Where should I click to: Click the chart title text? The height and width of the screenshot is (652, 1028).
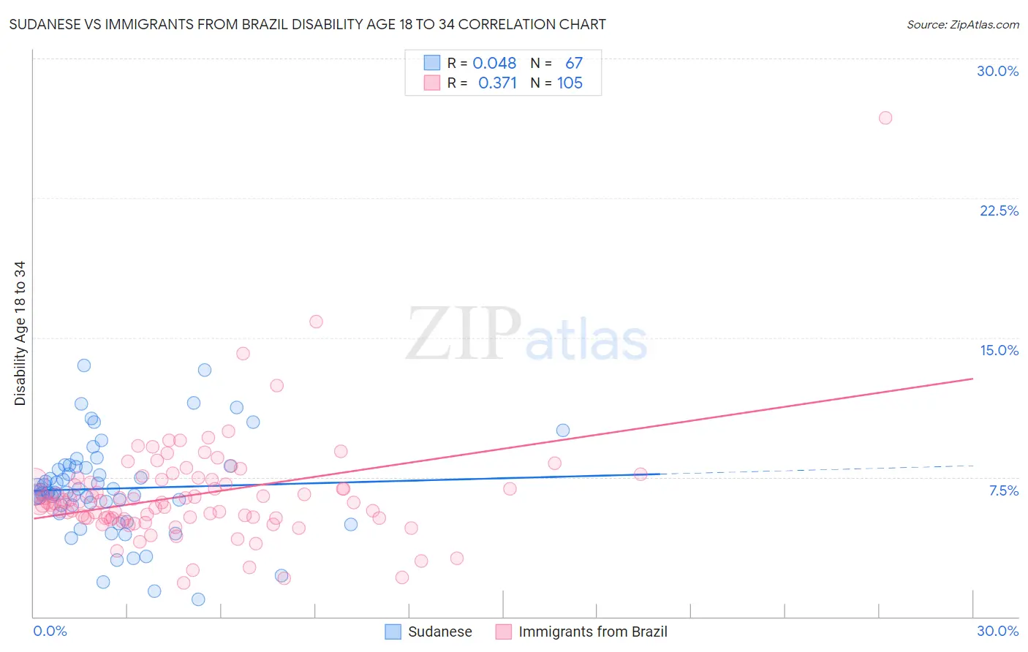point(307,24)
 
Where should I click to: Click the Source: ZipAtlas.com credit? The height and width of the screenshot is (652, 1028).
point(962,24)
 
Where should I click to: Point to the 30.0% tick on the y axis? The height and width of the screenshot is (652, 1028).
point(997,71)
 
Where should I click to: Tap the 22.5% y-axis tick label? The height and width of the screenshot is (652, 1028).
point(999,211)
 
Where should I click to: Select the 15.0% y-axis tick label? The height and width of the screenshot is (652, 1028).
point(999,350)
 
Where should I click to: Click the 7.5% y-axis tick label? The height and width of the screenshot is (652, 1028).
point(1003,490)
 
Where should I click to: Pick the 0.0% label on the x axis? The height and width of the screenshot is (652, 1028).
point(50,631)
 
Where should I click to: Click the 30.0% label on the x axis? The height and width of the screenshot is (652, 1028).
point(997,631)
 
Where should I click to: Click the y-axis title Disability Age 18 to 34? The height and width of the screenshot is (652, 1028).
point(20,333)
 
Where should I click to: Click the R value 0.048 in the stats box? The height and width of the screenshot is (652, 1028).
point(494,64)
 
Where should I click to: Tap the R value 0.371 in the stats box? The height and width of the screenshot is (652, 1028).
point(497,83)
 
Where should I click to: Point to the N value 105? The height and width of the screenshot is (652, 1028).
point(570,83)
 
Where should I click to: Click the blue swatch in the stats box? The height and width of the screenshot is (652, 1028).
point(432,63)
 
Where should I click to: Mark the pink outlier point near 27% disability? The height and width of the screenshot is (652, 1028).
point(885,118)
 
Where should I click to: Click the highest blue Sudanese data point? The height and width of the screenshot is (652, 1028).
point(84,365)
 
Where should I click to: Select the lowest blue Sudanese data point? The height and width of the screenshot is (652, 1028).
point(198,599)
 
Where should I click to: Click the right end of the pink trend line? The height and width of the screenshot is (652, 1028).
point(972,379)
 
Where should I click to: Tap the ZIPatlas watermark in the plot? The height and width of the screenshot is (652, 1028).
point(526,335)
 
